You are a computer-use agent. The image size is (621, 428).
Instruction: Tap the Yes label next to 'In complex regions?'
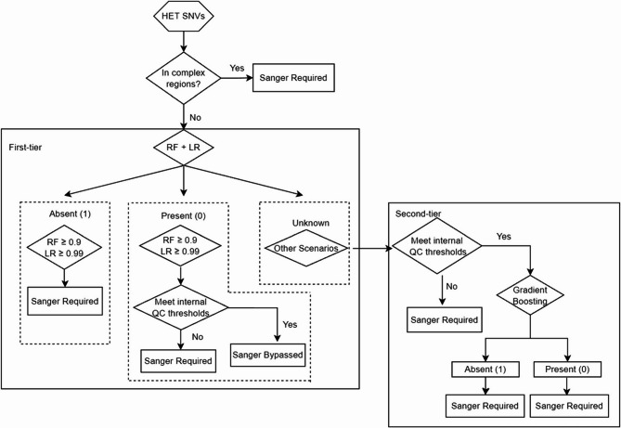pos(238,67)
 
